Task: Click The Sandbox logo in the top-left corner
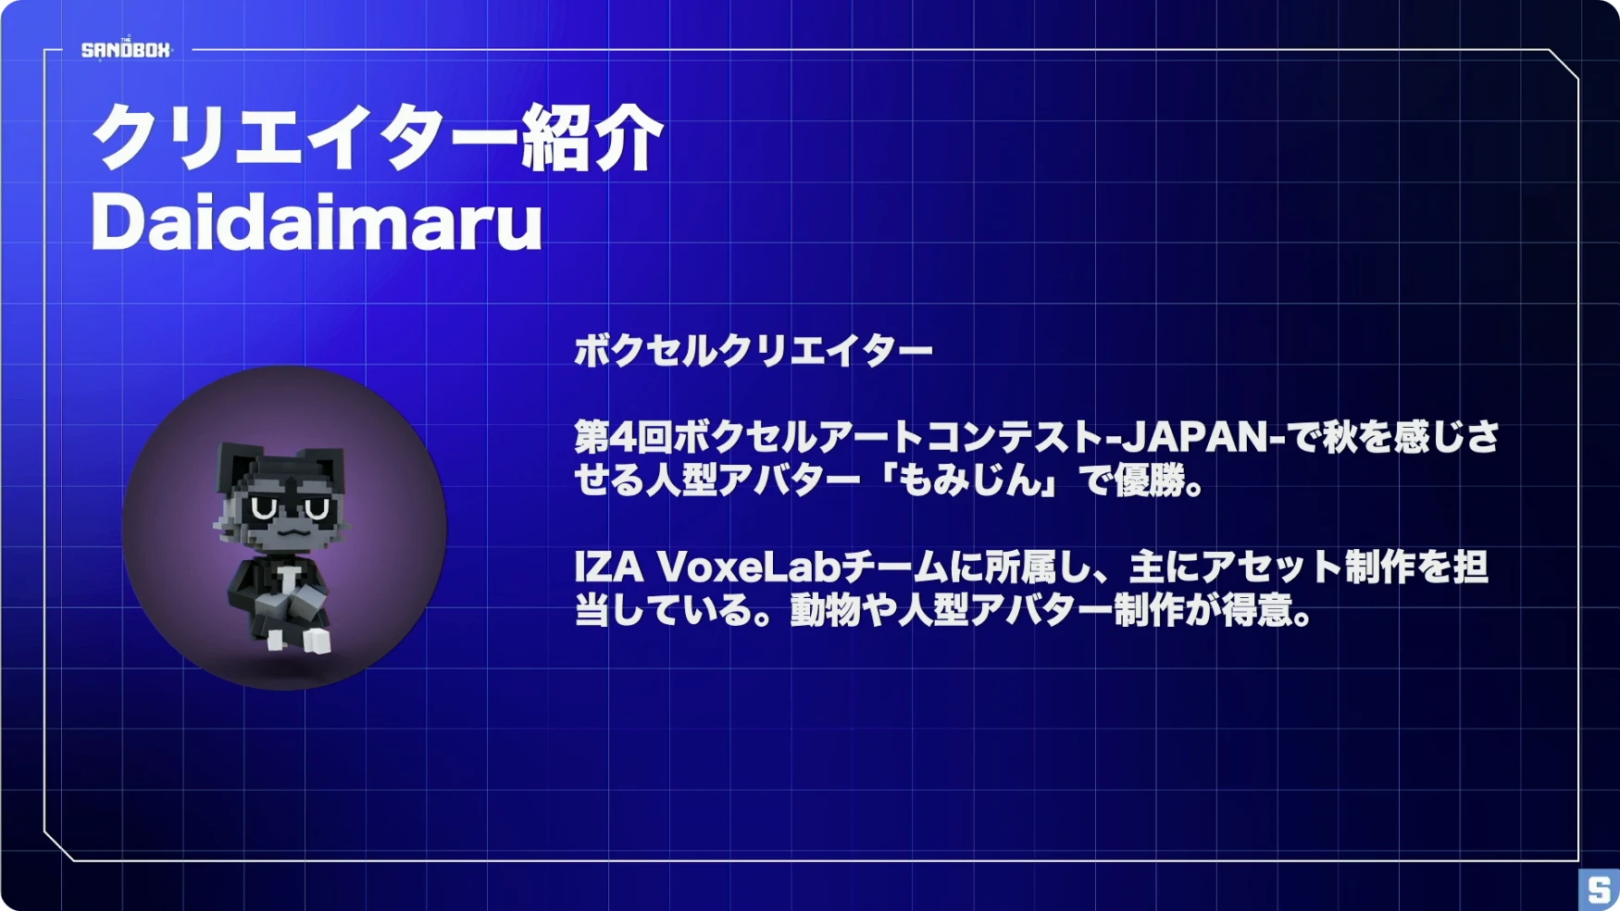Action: (126, 49)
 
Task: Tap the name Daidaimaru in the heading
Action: (317, 223)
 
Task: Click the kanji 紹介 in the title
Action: (592, 138)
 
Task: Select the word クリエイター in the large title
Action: (305, 138)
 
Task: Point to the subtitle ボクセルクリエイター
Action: (754, 351)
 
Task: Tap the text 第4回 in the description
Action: (623, 437)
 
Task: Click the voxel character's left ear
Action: (235, 462)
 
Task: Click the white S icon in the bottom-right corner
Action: (1599, 890)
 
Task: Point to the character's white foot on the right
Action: (317, 641)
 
